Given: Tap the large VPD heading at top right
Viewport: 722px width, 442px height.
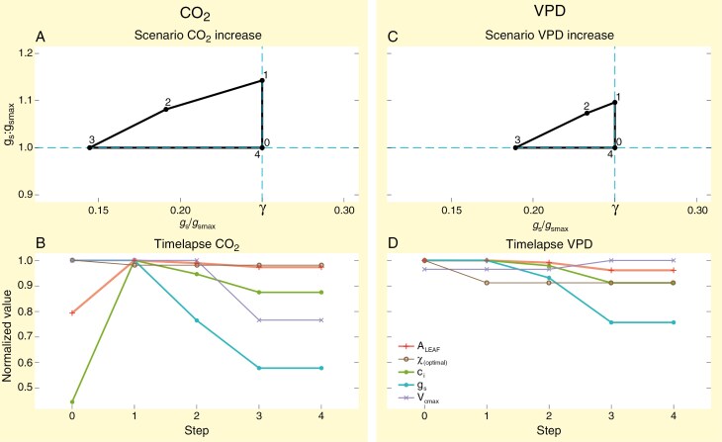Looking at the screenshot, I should click(x=541, y=13).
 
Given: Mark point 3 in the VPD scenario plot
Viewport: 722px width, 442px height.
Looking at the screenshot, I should click(x=516, y=147).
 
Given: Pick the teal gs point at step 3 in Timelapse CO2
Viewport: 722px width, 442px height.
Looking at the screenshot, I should click(x=261, y=368).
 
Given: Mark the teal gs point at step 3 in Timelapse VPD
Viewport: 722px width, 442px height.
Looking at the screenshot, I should click(x=614, y=322).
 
